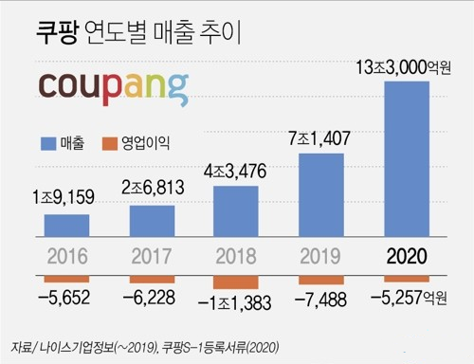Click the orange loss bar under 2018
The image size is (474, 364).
click(x=236, y=282)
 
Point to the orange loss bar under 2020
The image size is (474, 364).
click(x=407, y=279)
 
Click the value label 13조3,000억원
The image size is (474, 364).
click(x=409, y=67)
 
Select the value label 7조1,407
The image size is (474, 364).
click(x=321, y=139)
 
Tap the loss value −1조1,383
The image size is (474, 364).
click(x=236, y=303)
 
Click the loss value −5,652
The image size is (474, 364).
click(x=64, y=298)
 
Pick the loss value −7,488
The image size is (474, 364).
click(x=321, y=298)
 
